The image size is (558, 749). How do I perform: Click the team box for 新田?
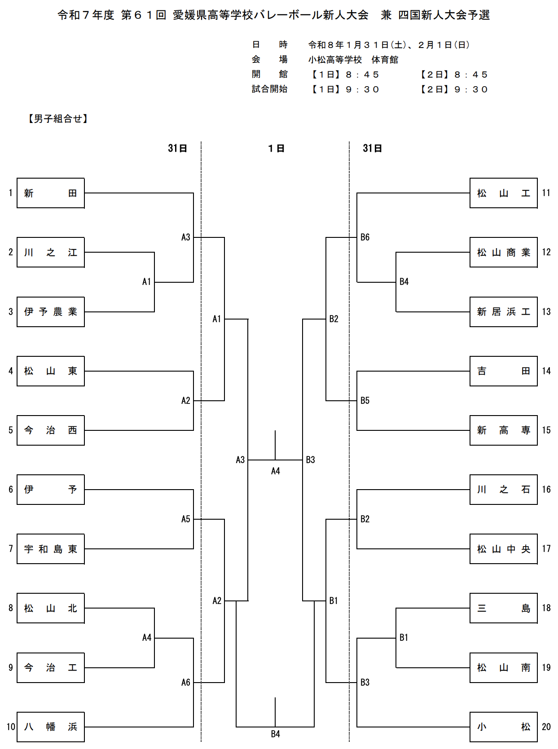pos(51,193)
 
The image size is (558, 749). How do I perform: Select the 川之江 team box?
pos(51,252)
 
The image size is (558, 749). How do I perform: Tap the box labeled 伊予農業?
pos(51,311)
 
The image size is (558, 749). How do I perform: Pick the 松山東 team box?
pos(51,371)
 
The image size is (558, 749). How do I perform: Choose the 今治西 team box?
pos(51,430)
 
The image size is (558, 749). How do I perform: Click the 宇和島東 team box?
pos(51,549)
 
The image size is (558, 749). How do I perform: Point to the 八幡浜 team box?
pos(51,727)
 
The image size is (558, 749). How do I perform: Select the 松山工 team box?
pos(503,193)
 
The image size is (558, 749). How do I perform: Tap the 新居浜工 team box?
pos(503,311)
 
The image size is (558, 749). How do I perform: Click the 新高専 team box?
pos(503,430)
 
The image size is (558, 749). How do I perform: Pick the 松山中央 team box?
pos(503,549)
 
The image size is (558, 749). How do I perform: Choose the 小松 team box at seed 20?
pos(503,727)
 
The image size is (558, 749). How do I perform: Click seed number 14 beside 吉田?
pos(546,371)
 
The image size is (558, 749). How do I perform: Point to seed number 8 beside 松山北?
pos(11,608)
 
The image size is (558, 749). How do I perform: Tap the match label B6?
pos(365,237)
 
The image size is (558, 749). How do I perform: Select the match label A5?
pos(186,519)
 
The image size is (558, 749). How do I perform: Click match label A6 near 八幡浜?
pos(186,683)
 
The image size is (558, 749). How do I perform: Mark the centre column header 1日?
pos(276,149)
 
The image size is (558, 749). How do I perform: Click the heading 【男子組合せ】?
pos(58,118)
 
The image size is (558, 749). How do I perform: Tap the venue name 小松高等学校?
pos(335,60)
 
